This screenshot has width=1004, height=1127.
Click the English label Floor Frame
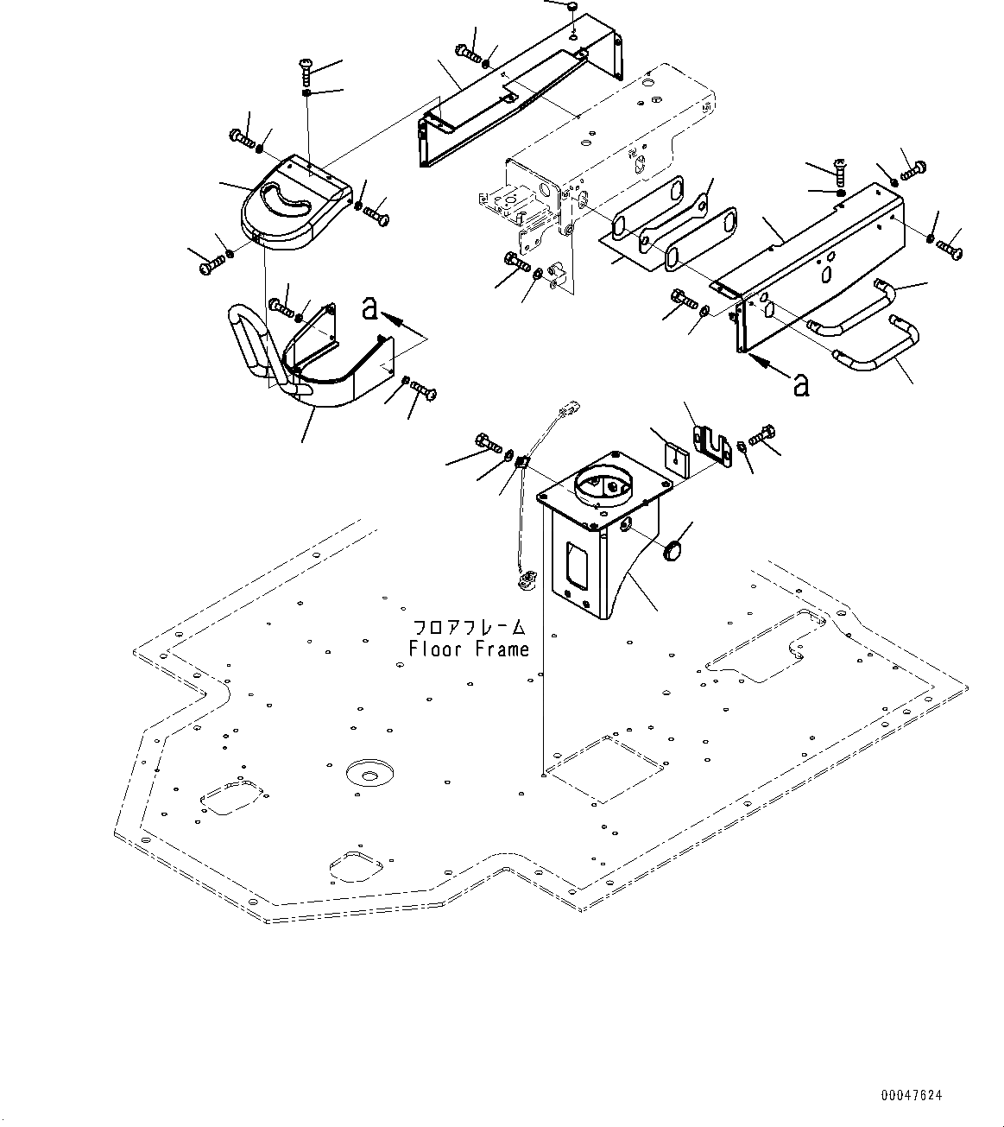coord(469,649)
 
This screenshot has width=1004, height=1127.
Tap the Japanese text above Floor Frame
coord(469,628)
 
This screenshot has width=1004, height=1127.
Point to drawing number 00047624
coord(911,1096)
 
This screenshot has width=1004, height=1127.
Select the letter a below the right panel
coord(802,385)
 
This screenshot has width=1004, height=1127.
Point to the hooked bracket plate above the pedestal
coord(710,444)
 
